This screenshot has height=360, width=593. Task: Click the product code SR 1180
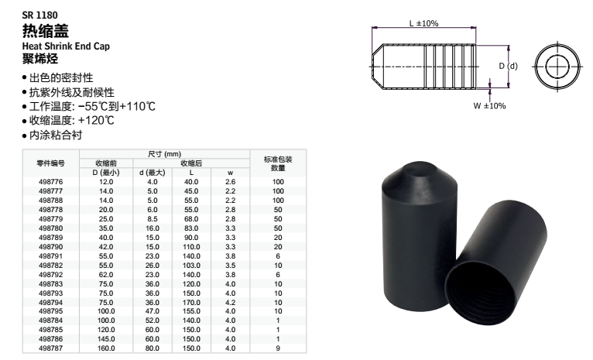tap(39, 15)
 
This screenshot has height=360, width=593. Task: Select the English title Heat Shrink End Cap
tap(66, 46)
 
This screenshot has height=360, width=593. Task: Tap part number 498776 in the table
tap(50, 182)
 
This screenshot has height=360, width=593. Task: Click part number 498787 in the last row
tap(50, 348)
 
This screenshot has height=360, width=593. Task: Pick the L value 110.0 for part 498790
tap(191, 247)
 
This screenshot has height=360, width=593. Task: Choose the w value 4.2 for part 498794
tap(231, 303)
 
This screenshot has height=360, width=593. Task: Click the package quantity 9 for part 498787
tap(278, 348)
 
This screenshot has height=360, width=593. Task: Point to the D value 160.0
tap(106, 348)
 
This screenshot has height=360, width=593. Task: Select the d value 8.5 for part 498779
tap(153, 219)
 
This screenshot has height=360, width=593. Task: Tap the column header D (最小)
tap(106, 173)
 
